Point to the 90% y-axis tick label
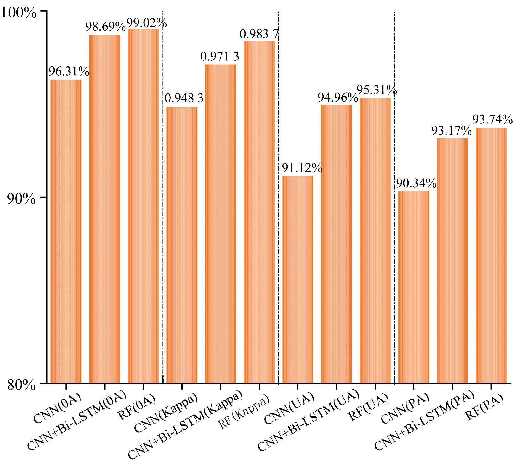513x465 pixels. click(x=21, y=199)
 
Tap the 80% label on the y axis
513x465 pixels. click(x=21, y=385)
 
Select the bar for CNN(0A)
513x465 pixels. click(x=66, y=231)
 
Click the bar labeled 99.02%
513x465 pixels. click(x=143, y=206)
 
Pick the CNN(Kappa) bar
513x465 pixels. click(x=182, y=245)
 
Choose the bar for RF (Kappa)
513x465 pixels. click(x=259, y=212)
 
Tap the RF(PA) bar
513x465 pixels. click(x=491, y=255)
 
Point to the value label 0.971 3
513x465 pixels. click(x=220, y=57)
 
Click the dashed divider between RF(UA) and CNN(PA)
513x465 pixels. click(x=394, y=196)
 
